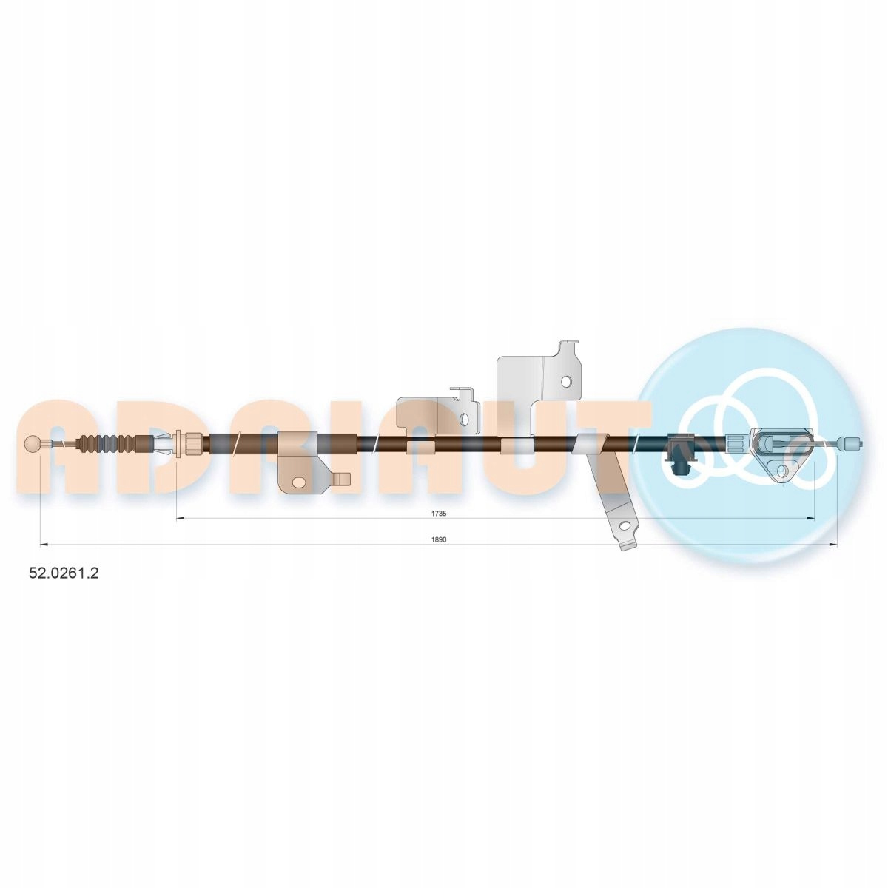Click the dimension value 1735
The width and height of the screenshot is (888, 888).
(439, 513)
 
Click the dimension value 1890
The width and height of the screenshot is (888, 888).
(440, 539)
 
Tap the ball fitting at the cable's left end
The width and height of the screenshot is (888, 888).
(33, 444)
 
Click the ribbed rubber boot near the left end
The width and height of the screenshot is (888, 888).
(110, 444)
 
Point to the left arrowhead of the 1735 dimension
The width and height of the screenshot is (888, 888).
(181, 519)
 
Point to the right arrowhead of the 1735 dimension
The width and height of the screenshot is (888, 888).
(810, 519)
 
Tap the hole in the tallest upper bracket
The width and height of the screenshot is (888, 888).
(567, 382)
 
